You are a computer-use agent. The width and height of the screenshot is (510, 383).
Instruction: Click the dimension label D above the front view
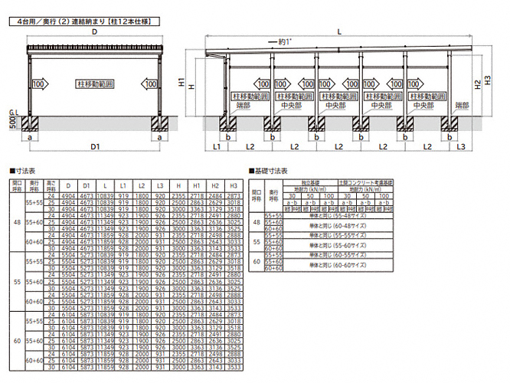(93, 34)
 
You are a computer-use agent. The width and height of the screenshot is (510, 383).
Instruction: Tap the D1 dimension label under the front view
(93, 146)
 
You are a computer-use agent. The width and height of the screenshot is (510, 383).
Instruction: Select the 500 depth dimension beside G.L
(12, 123)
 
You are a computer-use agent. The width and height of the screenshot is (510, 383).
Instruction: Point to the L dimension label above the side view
(338, 31)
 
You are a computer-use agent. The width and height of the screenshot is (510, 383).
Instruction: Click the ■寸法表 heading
(24, 172)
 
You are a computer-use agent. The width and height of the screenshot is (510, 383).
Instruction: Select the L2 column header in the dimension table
(141, 186)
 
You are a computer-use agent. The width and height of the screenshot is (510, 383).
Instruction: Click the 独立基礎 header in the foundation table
(310, 182)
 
